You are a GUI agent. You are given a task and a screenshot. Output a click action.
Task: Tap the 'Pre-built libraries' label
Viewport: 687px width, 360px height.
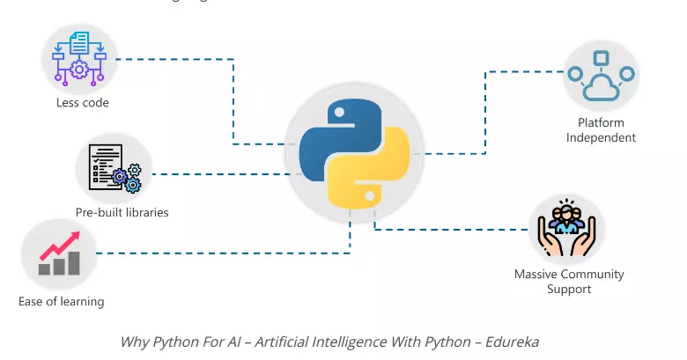122,212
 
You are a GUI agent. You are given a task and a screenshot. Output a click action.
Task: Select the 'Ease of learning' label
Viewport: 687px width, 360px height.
61,302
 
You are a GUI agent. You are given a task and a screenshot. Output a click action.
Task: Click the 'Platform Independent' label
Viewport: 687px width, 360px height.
601,130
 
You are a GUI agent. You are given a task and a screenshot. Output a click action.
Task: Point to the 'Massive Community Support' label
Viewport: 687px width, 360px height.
569,281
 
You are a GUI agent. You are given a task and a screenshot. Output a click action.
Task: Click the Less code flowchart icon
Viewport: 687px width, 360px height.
79,56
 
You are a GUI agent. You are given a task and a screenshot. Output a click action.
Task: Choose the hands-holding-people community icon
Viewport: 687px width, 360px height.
568,231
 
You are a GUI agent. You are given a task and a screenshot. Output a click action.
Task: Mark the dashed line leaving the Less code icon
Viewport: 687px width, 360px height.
176,60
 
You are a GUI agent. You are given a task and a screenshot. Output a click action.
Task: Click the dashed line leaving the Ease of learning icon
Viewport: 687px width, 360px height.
220,253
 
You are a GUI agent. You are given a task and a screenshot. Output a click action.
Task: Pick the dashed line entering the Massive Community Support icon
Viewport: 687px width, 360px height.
449,231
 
